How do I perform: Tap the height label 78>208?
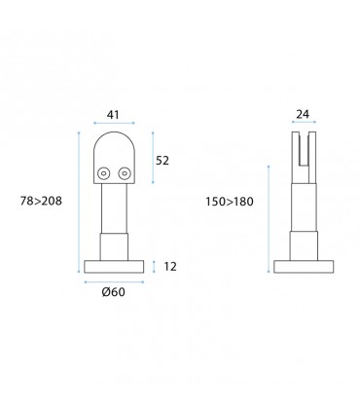tap(41, 201)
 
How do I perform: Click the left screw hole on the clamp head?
tap(102, 173)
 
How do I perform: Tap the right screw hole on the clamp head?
tap(126, 173)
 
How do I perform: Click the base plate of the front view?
tap(115, 266)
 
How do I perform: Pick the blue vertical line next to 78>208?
tap(77, 201)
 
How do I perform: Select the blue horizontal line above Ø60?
tap(115, 282)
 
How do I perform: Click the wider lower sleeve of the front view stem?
tap(115, 244)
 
